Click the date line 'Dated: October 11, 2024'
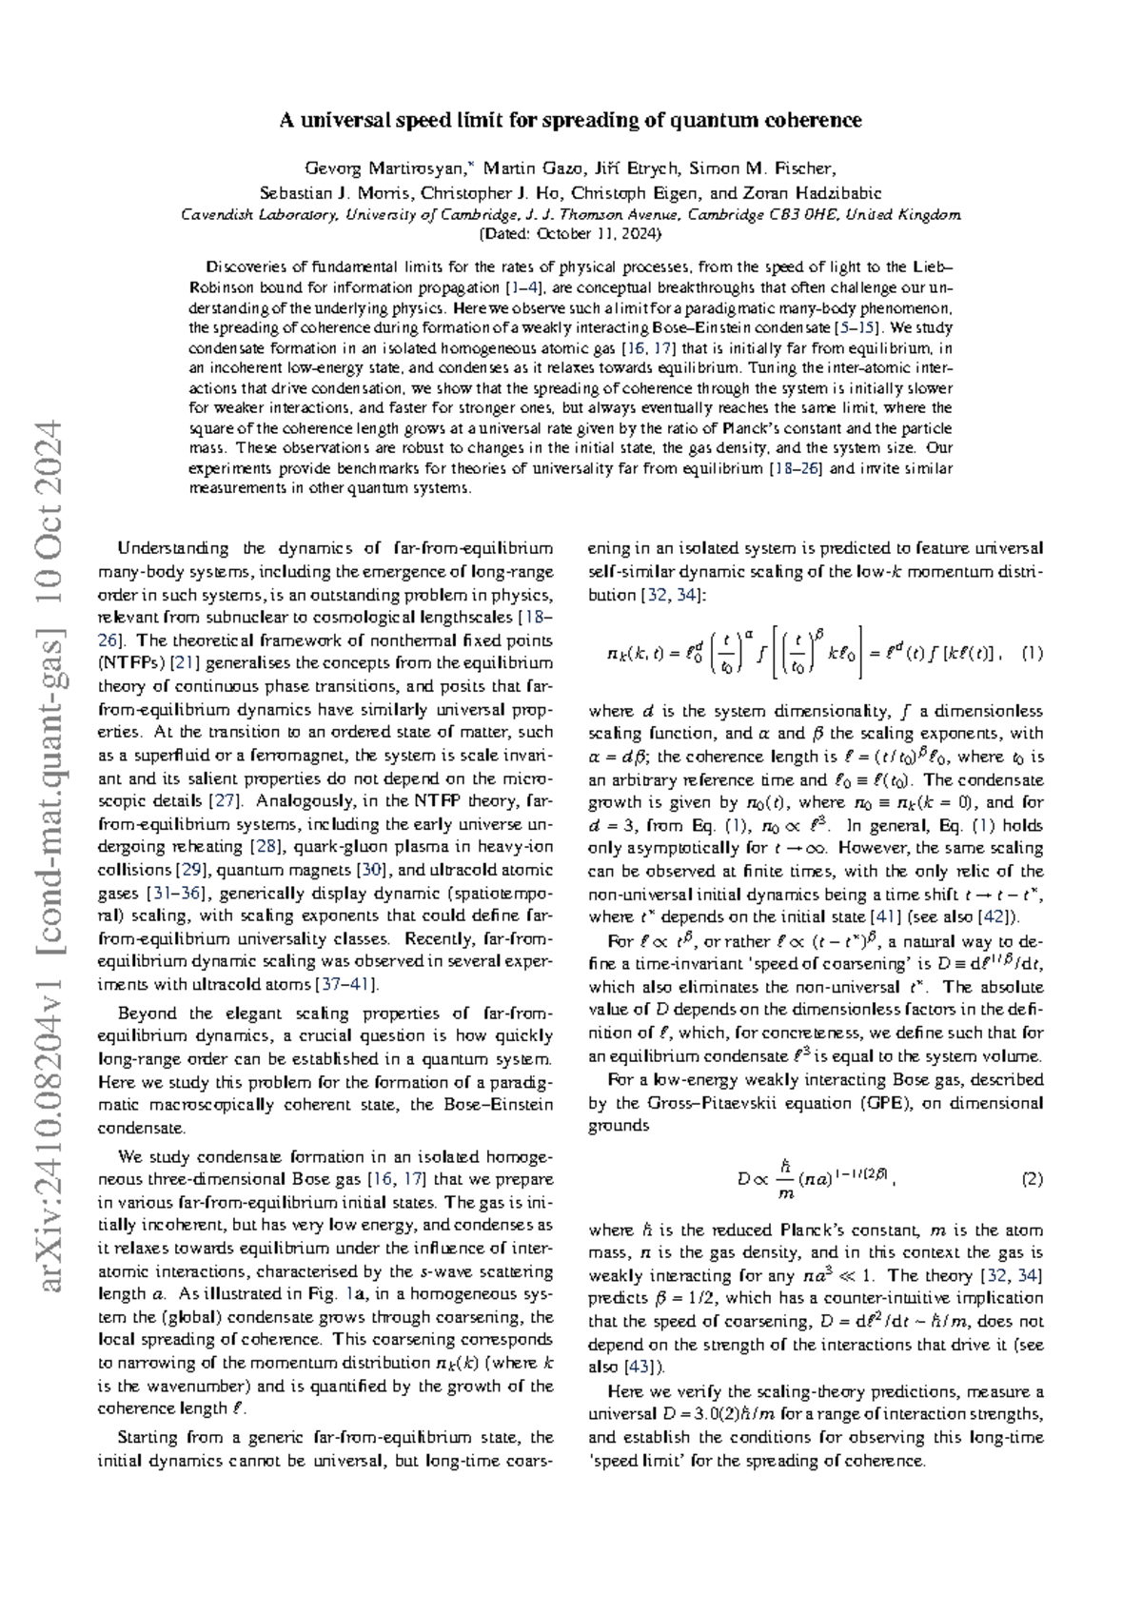click(x=571, y=233)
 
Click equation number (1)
click(x=1032, y=653)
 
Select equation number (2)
click(x=1032, y=1179)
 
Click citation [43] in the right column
click(x=637, y=1367)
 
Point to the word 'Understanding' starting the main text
click(x=171, y=548)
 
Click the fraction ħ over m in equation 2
click(x=785, y=1179)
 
